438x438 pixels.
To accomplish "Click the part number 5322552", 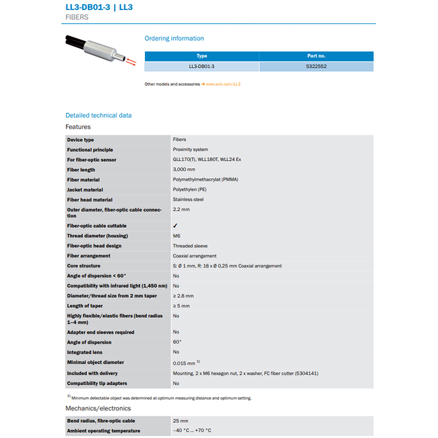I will click(x=317, y=67).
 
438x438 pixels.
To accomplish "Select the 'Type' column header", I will click(x=202, y=56).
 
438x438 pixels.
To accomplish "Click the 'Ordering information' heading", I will click(x=174, y=39).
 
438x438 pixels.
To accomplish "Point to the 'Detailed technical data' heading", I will click(x=99, y=115).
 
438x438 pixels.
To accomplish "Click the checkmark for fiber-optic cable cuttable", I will click(x=175, y=225).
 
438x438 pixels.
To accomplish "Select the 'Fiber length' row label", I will click(x=81, y=170).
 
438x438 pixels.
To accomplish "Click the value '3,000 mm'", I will click(x=184, y=170).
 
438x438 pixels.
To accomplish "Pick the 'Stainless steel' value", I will click(x=188, y=200).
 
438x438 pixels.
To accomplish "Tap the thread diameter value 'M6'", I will click(x=176, y=236).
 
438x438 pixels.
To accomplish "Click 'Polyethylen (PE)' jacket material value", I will click(x=190, y=190).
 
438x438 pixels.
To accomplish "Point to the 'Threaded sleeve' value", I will click(x=190, y=246).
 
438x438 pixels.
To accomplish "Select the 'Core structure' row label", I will click(x=84, y=266).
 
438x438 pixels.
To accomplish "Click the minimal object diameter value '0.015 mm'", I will click(x=185, y=363).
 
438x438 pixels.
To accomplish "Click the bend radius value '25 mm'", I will click(x=180, y=421).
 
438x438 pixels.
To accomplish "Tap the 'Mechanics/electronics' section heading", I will click(x=98, y=408).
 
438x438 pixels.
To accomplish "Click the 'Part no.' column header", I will click(x=317, y=56).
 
